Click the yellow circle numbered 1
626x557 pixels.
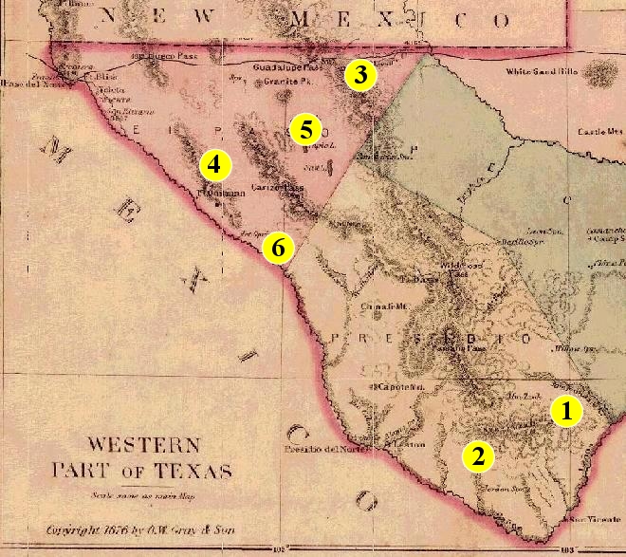pyautogui.click(x=566, y=412)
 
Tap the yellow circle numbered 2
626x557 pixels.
pyautogui.click(x=478, y=456)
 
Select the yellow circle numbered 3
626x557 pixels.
pyautogui.click(x=361, y=74)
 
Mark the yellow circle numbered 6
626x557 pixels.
pyautogui.click(x=278, y=248)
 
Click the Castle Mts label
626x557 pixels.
pyautogui.click(x=600, y=132)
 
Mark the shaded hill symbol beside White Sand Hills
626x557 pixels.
pyautogui.click(x=599, y=70)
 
